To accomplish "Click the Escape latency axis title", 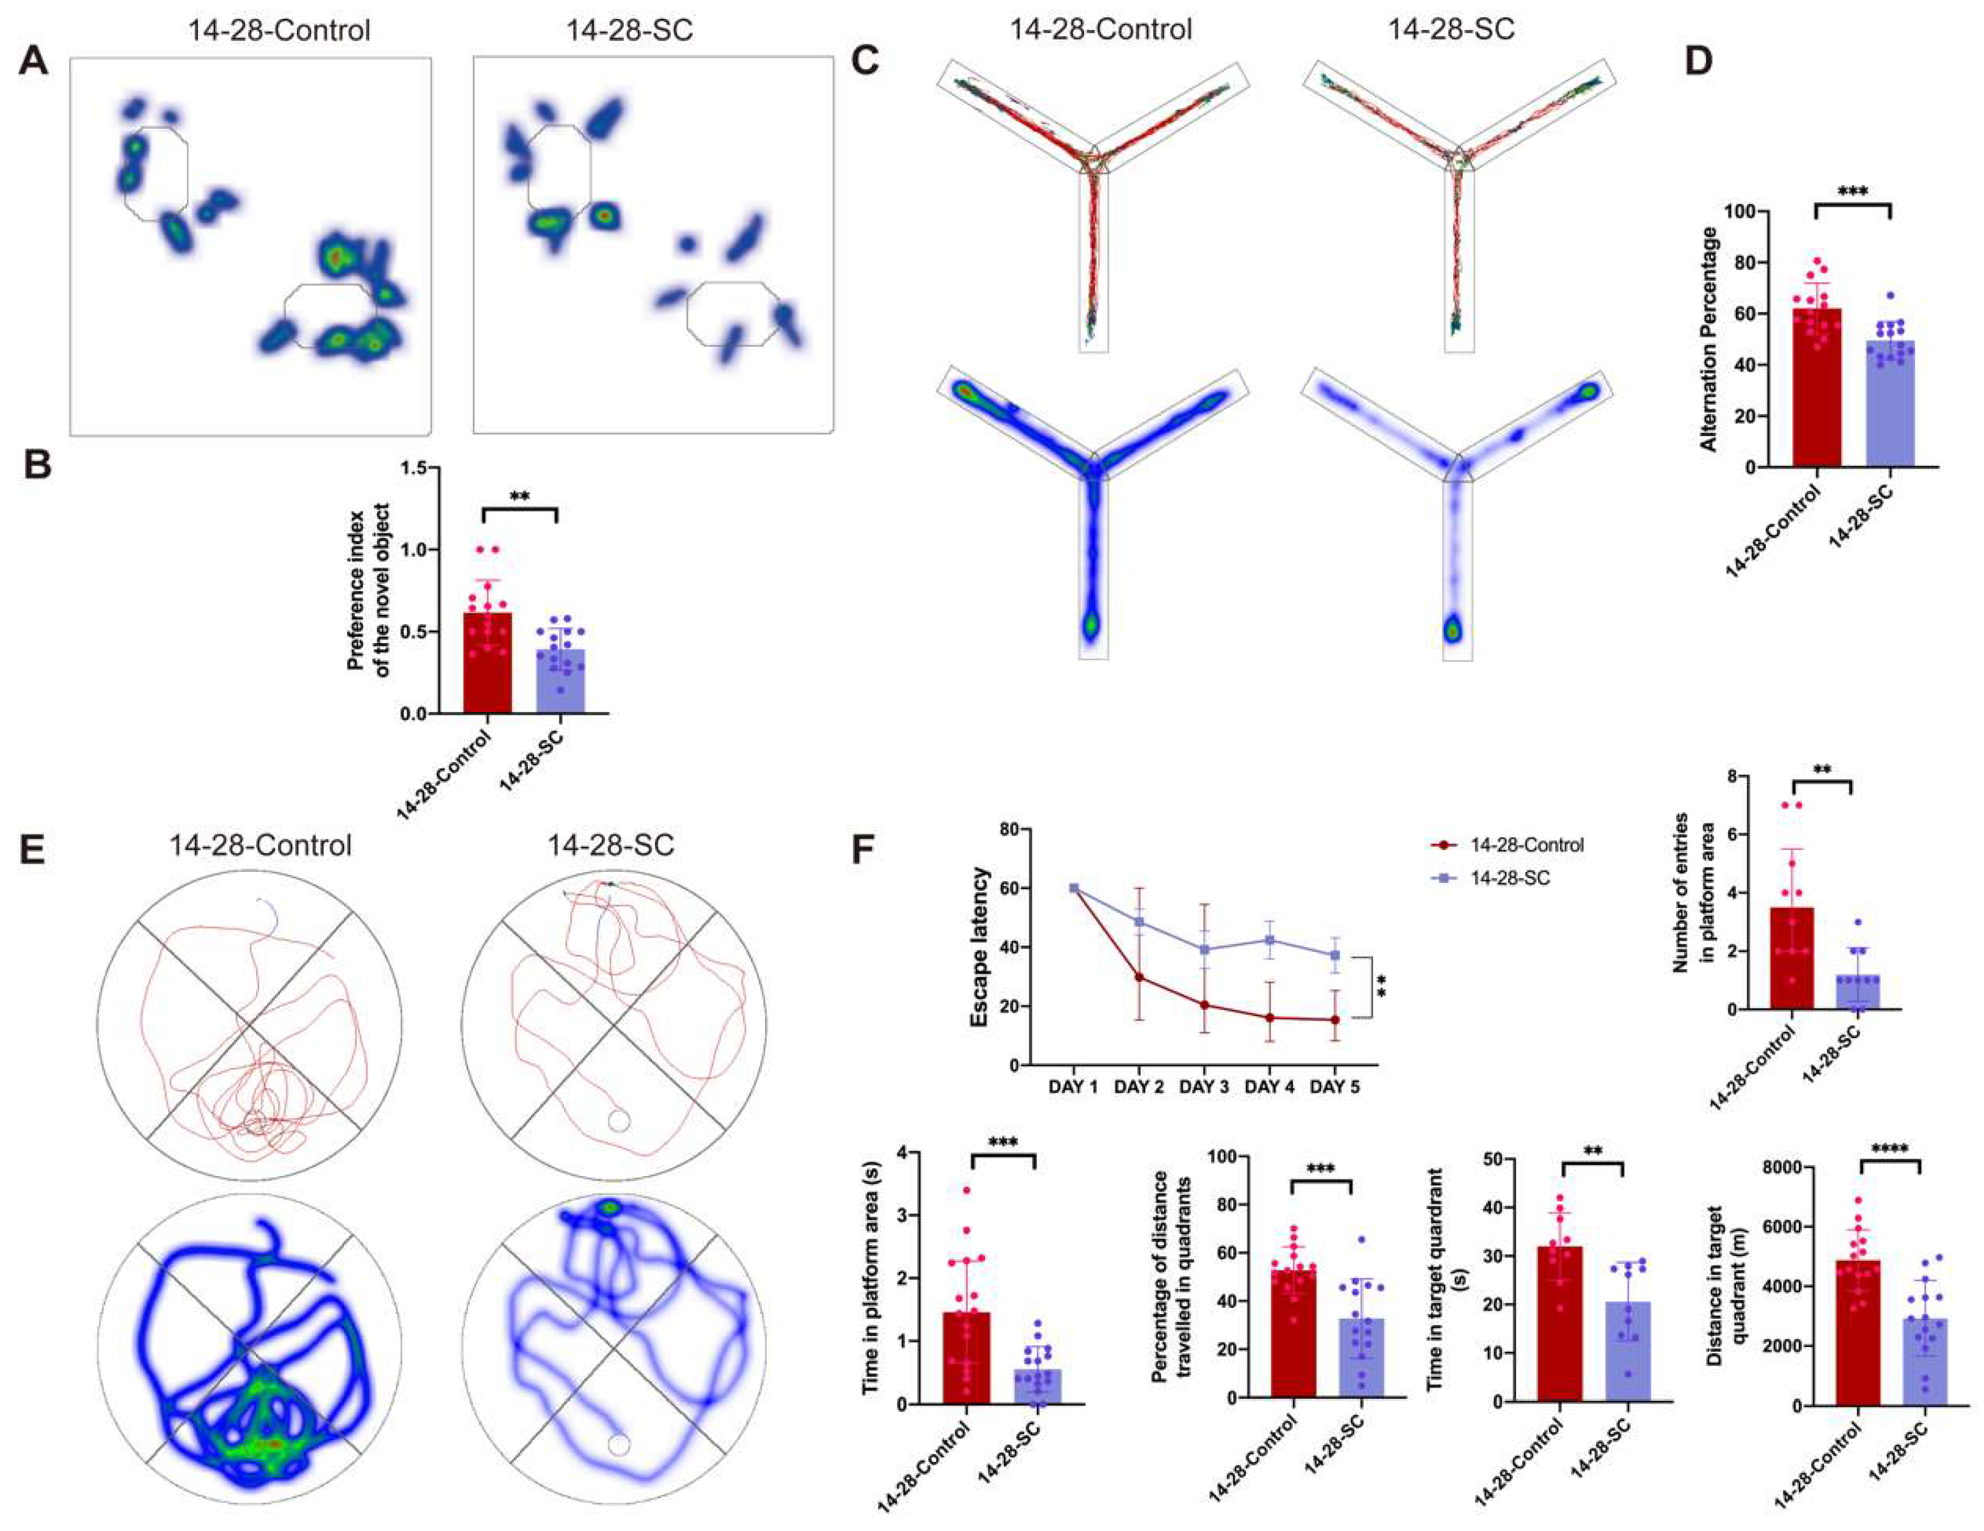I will coord(979,947).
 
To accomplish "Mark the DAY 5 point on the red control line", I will coord(1334,1020).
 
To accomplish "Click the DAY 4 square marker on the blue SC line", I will coord(1269,940).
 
